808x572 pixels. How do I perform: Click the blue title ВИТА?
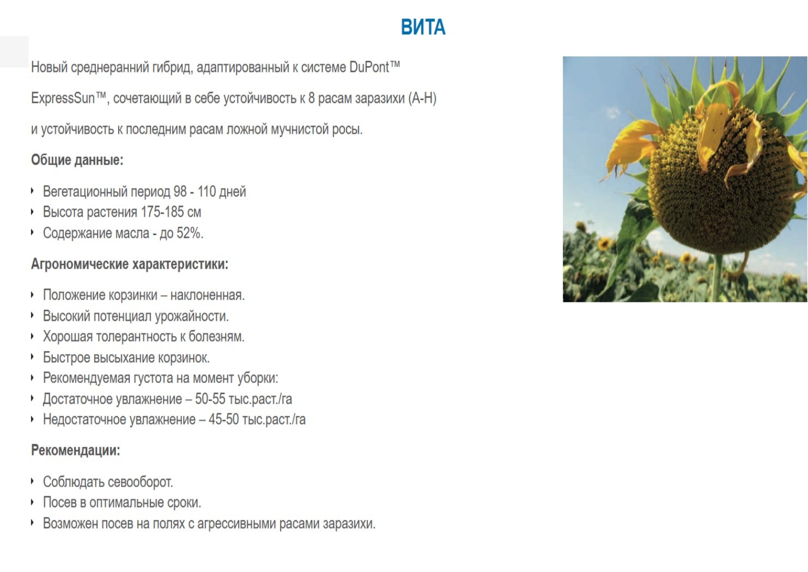pyautogui.click(x=423, y=27)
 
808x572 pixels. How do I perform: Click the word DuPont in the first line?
pyautogui.click(x=369, y=67)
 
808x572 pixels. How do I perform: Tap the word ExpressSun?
pyautogui.click(x=63, y=98)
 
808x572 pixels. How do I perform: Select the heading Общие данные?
pyautogui.click(x=77, y=160)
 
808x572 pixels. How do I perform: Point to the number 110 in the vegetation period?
pyautogui.click(x=206, y=191)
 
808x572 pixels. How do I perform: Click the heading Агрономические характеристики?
pyautogui.click(x=130, y=264)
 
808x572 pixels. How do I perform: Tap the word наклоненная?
pyautogui.click(x=208, y=295)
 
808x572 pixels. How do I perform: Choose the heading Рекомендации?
pyautogui.click(x=76, y=450)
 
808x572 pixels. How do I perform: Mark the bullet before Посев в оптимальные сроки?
pyautogui.click(x=33, y=502)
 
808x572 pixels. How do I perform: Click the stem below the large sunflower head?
pyautogui.click(x=718, y=278)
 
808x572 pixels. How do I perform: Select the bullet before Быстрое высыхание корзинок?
pyautogui.click(x=33, y=357)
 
